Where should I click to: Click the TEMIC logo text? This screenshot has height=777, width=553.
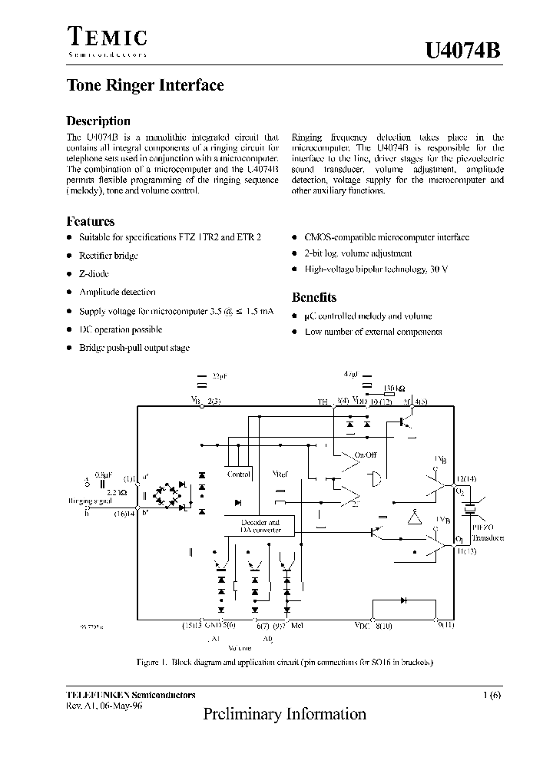(107, 37)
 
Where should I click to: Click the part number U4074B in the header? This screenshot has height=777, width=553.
(462, 51)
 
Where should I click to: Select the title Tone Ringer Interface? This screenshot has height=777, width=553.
(145, 86)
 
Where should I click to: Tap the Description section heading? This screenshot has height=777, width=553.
(98, 121)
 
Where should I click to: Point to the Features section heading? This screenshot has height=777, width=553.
(91, 221)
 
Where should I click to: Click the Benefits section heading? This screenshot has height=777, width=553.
(314, 297)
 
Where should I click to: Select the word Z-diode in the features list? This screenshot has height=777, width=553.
(94, 273)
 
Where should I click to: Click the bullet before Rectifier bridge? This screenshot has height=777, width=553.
(69, 256)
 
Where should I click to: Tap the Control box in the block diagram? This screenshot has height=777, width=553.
(239, 474)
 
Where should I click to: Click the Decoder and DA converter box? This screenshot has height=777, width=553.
(260, 526)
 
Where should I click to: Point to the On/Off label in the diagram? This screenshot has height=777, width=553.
(365, 455)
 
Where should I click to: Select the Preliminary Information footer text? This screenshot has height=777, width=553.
(285, 714)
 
